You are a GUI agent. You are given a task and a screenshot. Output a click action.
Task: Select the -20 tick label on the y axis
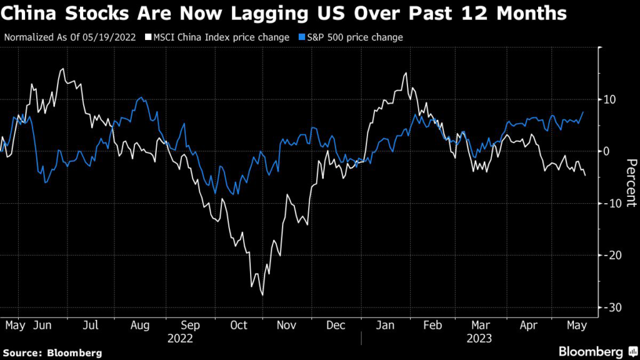click(x=610, y=255)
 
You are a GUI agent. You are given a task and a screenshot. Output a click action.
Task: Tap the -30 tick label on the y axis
click(x=610, y=307)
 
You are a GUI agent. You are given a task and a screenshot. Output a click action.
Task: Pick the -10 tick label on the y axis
click(x=610, y=203)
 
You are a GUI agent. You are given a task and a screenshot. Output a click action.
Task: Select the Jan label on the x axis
click(x=386, y=326)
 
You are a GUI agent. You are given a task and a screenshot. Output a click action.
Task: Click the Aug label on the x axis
click(x=141, y=326)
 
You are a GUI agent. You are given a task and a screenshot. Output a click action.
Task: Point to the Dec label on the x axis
click(x=336, y=326)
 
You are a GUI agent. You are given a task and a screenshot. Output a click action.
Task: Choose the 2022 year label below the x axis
click(x=180, y=339)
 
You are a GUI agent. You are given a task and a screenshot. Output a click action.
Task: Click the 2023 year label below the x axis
click(x=479, y=339)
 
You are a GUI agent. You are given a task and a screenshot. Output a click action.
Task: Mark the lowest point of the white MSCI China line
click(x=262, y=295)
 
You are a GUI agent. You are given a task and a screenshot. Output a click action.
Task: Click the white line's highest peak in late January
click(x=406, y=73)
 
